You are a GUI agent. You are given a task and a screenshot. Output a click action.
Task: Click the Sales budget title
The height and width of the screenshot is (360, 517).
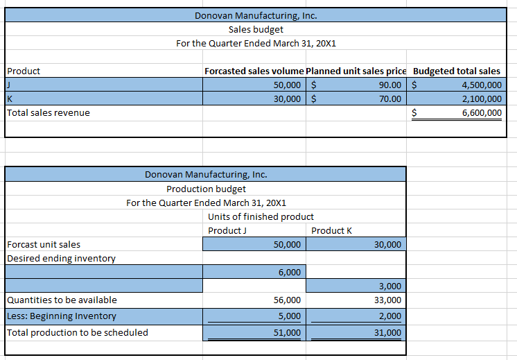[256, 29]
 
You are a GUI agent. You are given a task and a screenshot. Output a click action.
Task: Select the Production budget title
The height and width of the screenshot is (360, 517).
[206, 189]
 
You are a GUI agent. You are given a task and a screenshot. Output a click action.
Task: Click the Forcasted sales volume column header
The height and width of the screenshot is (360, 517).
[254, 71]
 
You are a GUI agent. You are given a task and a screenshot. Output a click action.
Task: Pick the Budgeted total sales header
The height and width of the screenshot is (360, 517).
[456, 71]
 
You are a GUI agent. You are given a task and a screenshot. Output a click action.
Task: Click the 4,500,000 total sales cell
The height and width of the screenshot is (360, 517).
[481, 85]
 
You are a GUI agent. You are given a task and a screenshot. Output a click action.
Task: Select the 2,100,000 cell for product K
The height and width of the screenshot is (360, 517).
[481, 98]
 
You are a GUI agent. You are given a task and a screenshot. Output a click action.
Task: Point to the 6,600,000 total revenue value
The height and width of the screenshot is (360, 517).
[481, 112]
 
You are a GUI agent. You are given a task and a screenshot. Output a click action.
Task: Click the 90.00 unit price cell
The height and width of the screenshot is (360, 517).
[392, 85]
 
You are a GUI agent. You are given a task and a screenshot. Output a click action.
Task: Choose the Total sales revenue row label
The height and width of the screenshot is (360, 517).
[49, 112]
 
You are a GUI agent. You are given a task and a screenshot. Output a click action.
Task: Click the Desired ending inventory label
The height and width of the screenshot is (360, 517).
[61, 258]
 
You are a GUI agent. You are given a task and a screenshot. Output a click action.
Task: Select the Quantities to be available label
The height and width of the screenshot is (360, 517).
[62, 300]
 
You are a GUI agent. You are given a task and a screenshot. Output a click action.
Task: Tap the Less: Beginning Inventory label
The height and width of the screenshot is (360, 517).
[62, 316]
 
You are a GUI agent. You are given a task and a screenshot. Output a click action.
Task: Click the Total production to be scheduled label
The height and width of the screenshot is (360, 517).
[77, 332]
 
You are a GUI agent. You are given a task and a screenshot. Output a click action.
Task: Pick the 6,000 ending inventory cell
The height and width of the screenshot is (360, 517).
[290, 272]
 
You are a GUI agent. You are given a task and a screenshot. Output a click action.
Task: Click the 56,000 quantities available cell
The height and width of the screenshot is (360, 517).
[288, 300]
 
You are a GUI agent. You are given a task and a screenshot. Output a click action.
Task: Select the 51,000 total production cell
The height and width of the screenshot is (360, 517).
[288, 332]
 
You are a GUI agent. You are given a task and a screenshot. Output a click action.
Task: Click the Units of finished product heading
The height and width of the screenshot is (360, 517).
[261, 216]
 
